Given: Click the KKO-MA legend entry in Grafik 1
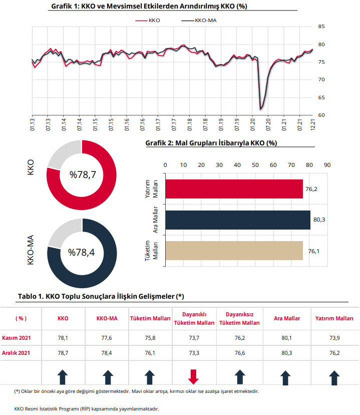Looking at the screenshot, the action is (199, 21).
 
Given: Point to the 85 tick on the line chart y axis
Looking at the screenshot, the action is (321, 27).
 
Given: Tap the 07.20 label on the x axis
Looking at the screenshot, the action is (268, 125).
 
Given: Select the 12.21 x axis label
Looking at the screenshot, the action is (313, 124).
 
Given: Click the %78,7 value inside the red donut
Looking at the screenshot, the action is (83, 175).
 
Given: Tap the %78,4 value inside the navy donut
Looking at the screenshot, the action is (82, 252).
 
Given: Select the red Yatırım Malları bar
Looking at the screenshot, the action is (234, 189).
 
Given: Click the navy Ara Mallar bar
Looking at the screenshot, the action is (238, 220).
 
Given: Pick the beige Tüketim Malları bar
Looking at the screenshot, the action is (234, 251).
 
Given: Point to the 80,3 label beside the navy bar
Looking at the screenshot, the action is (319, 220).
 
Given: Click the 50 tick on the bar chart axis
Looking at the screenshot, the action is (255, 165).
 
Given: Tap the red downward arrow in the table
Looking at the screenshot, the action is (193, 376).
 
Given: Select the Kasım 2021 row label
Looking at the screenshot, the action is (17, 338).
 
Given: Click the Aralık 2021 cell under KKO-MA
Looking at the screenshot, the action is (107, 353).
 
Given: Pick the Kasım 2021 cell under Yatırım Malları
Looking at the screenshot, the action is (334, 338).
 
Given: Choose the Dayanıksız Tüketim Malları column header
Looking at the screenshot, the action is (239, 318).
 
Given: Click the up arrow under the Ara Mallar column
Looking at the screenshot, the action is (285, 378).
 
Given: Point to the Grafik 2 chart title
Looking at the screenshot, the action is (211, 143).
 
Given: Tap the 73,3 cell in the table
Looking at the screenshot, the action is (194, 353).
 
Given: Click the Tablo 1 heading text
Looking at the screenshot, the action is (101, 296).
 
